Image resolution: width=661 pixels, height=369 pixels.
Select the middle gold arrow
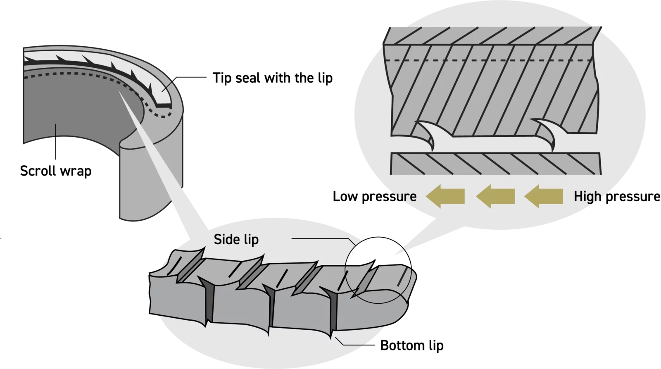click(x=495, y=196)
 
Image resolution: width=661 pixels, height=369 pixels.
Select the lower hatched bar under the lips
click(x=496, y=164)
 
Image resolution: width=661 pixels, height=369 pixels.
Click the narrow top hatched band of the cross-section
click(x=492, y=35)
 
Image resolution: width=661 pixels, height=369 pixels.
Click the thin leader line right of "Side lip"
click(x=322, y=238)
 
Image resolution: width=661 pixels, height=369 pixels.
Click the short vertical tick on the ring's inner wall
click(x=56, y=130)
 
